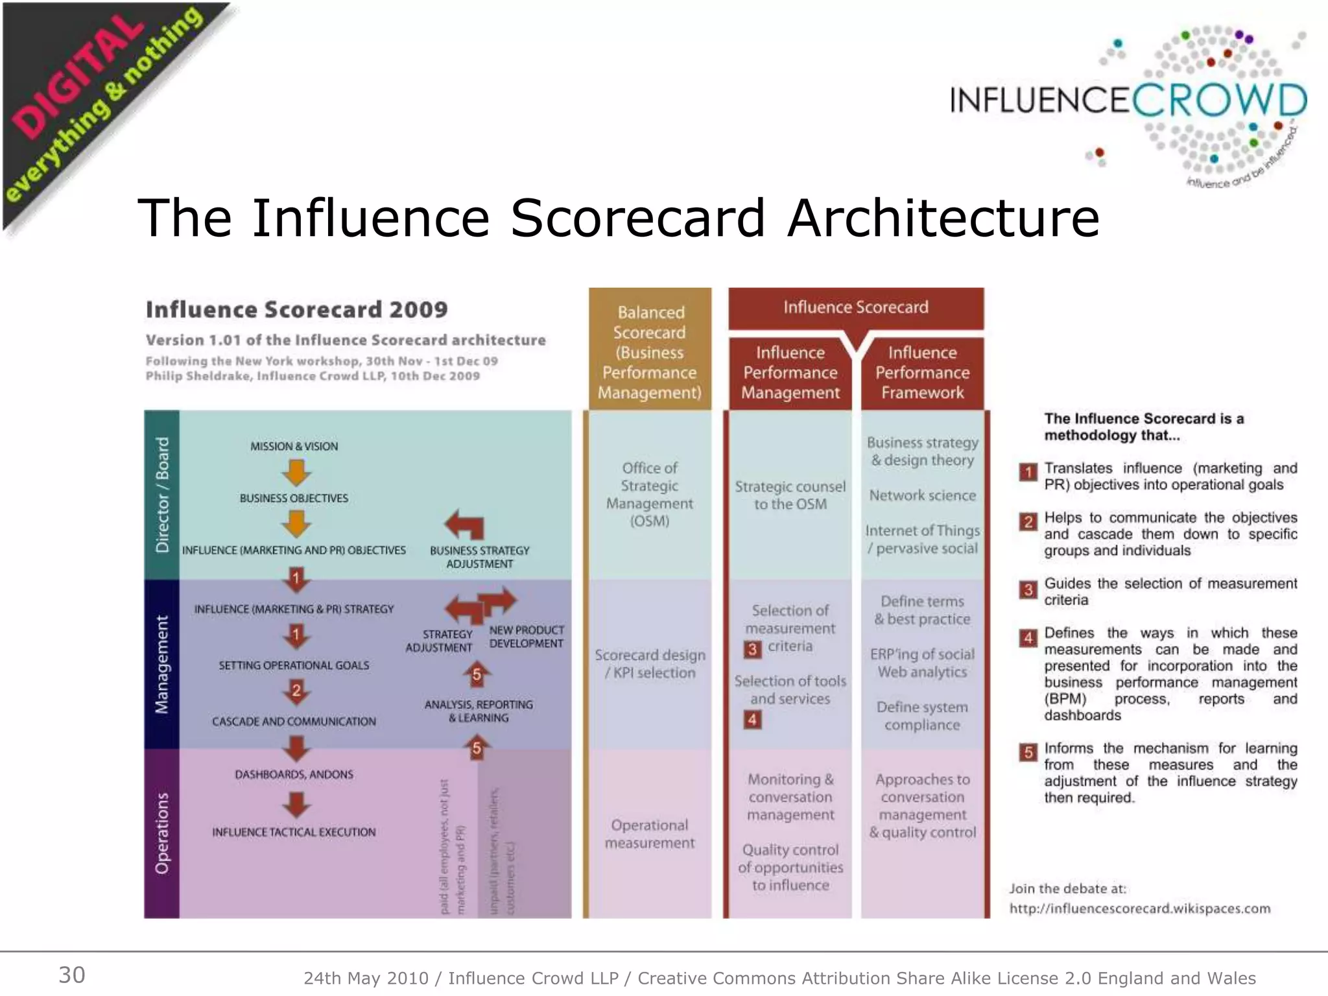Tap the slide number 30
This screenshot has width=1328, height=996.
click(x=72, y=975)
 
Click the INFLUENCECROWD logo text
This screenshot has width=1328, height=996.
click(x=1128, y=101)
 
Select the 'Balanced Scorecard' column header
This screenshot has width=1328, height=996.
click(x=650, y=352)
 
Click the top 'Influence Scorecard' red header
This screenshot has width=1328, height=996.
click(x=855, y=307)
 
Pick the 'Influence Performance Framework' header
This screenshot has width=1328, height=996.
click(x=922, y=372)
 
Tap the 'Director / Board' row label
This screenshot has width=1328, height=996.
click(x=162, y=494)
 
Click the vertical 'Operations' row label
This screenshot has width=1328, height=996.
click(x=162, y=833)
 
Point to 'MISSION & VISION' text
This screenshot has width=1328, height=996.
click(x=294, y=446)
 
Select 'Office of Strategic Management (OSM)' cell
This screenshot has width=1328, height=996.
click(x=650, y=494)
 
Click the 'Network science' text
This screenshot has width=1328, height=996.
click(x=922, y=495)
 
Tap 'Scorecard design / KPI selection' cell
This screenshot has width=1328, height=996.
click(x=650, y=663)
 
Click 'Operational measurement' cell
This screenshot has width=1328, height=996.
click(x=650, y=833)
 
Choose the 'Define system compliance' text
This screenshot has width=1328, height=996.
click(x=922, y=716)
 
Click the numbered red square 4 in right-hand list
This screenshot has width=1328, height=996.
click(x=1028, y=638)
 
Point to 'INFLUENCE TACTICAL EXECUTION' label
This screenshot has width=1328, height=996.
click(x=294, y=832)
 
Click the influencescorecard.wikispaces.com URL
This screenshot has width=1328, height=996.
click(x=1139, y=908)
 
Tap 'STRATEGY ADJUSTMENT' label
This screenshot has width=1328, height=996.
click(x=440, y=641)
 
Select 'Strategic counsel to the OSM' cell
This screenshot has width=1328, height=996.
click(x=790, y=495)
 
